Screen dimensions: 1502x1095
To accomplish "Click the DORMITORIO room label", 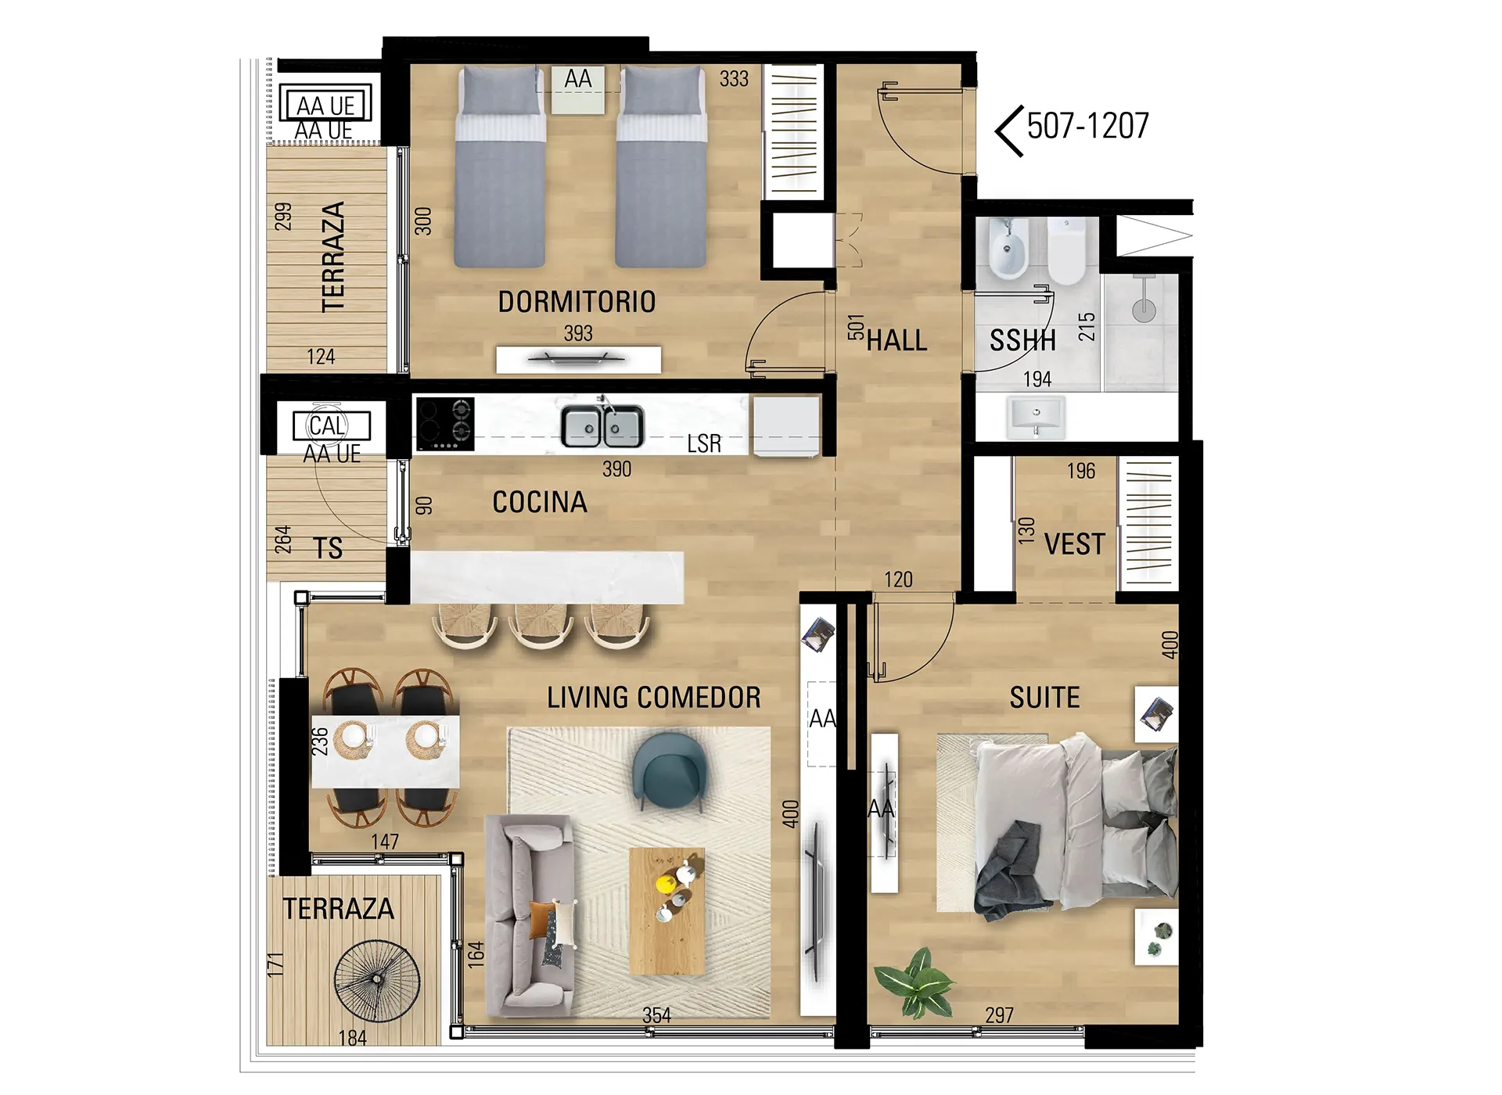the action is pyautogui.click(x=577, y=302).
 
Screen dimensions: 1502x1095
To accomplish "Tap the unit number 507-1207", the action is pyautogui.click(x=1087, y=126).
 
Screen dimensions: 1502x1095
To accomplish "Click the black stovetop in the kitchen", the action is pyautogui.click(x=445, y=424).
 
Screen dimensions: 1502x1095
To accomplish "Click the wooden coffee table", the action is pyautogui.click(x=667, y=911).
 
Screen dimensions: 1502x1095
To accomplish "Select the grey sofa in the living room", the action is pyautogui.click(x=530, y=915).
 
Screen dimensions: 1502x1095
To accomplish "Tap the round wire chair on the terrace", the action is pyautogui.click(x=377, y=980).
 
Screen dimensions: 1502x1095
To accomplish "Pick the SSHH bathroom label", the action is pyautogui.click(x=1022, y=340).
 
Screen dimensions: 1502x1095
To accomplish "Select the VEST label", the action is pyautogui.click(x=1075, y=544).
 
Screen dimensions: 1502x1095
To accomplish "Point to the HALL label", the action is pyautogui.click(x=897, y=340).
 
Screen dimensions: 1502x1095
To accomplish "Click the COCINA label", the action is pyautogui.click(x=540, y=502).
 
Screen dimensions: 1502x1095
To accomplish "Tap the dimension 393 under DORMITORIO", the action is pyautogui.click(x=578, y=333).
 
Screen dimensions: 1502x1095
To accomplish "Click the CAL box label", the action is pyautogui.click(x=328, y=426).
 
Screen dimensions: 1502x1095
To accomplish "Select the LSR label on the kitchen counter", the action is pyautogui.click(x=704, y=443).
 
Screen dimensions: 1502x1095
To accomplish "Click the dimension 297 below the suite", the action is pyautogui.click(x=1000, y=1015).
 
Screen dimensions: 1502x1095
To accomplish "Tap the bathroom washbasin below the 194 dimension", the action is pyautogui.click(x=1036, y=416).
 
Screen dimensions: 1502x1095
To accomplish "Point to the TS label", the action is pyautogui.click(x=328, y=548).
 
